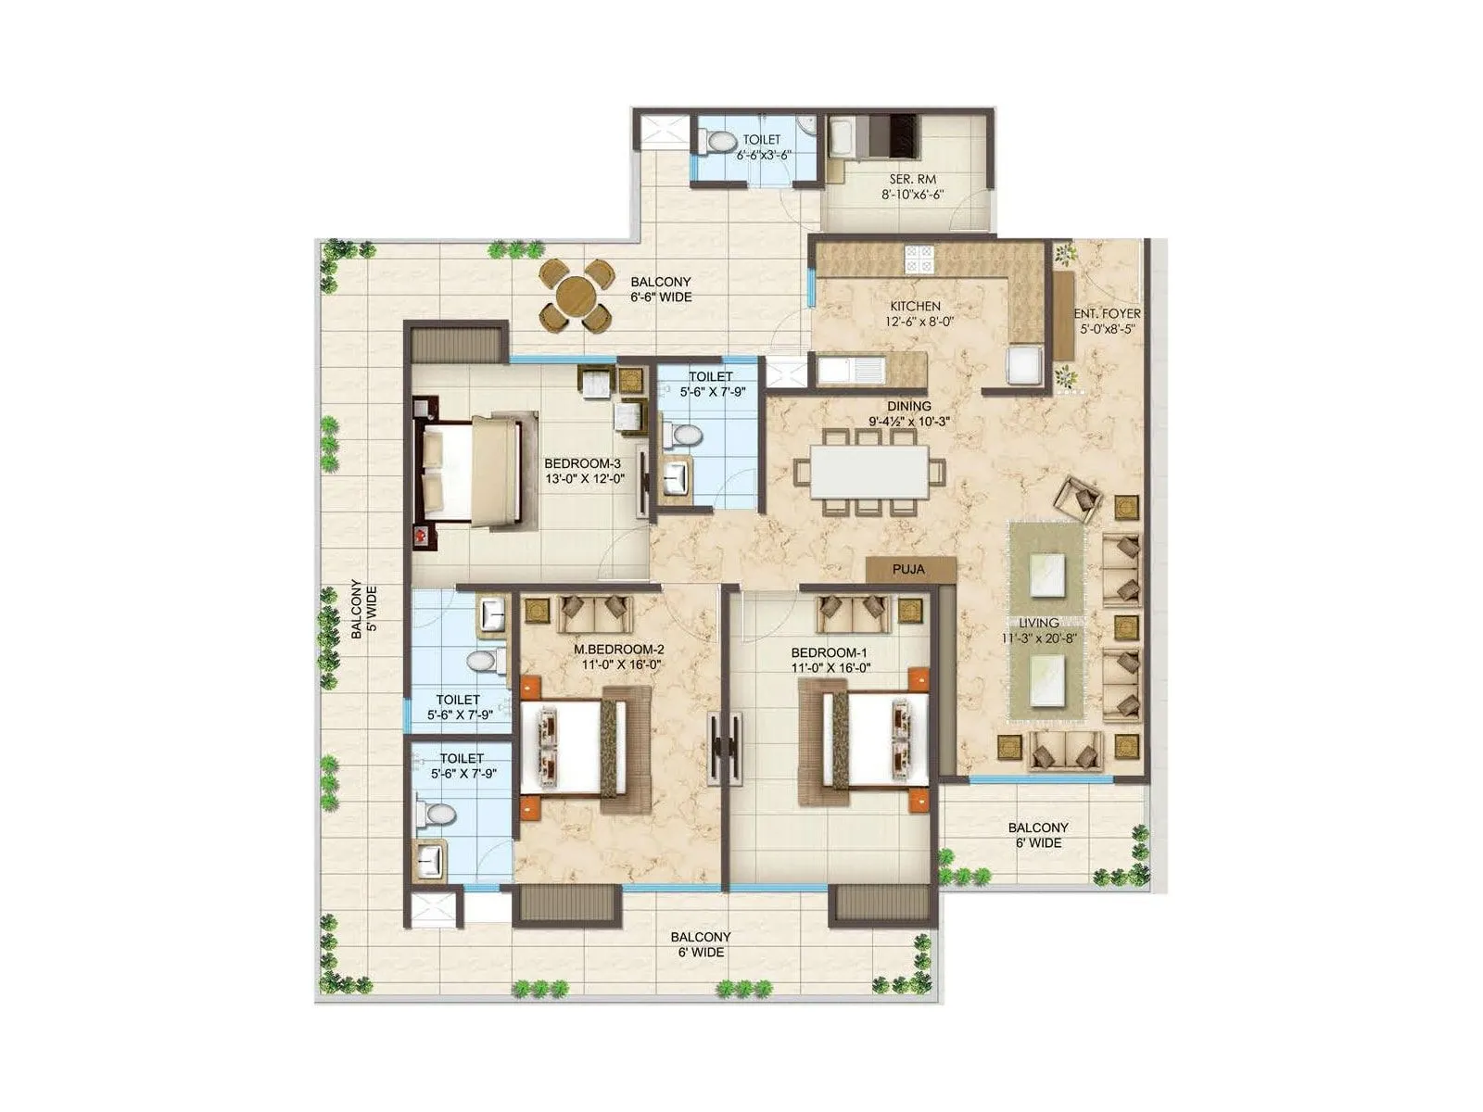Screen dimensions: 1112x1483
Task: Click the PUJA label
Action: point(908,569)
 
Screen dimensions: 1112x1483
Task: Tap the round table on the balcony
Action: point(576,296)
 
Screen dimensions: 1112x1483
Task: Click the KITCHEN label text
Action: point(915,306)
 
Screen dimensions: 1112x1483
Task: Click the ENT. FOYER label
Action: point(1108,313)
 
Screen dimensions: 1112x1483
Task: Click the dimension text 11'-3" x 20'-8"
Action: point(1039,638)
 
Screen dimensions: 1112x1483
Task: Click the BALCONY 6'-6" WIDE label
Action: point(661,289)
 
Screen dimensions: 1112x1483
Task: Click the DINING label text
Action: point(908,406)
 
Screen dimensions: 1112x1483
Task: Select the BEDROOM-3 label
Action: point(582,463)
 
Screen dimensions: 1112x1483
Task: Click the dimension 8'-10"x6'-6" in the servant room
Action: point(912,195)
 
